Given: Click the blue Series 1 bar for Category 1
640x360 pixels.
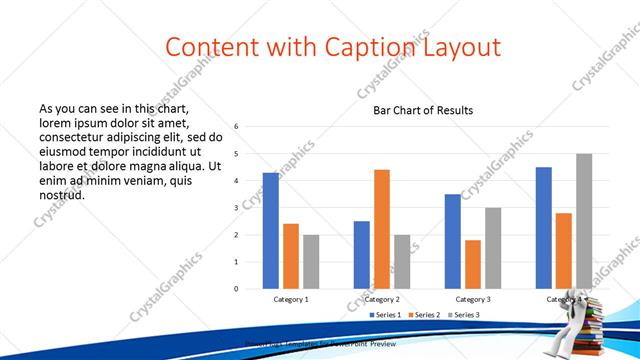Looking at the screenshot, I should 271,230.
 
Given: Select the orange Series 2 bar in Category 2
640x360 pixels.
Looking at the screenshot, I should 381,229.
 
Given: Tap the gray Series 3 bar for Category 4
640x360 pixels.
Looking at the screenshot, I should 584,221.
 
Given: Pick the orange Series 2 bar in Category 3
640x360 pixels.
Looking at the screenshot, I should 473,264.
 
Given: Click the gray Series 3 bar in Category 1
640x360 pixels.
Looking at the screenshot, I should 311,261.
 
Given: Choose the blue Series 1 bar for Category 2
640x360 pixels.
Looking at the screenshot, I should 361,254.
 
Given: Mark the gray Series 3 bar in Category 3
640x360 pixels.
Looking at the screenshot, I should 493,248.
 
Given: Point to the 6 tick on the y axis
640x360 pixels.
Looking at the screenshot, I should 236,127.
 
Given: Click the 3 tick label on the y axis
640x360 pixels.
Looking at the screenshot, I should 236,208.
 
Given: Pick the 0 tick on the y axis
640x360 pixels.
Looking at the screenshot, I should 236,289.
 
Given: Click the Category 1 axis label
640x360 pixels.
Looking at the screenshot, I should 291,299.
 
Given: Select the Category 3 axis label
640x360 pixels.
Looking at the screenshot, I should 473,299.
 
